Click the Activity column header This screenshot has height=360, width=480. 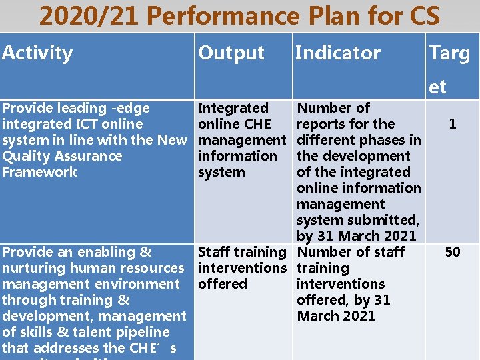click(x=37, y=53)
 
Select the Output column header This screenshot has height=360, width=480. click(x=231, y=53)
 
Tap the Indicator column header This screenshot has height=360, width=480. click(x=337, y=53)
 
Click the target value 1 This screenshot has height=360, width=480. click(x=453, y=124)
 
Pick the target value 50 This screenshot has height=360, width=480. click(x=453, y=252)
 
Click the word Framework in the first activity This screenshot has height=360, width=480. click(x=40, y=172)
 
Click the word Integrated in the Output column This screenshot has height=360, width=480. click(x=233, y=108)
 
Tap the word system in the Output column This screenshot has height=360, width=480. click(x=221, y=172)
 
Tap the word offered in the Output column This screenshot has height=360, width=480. click(x=223, y=284)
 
